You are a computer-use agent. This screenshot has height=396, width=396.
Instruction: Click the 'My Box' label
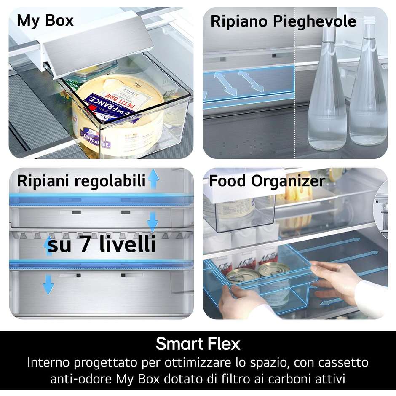tap(45, 20)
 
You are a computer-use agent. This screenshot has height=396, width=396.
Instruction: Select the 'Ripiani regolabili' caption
tap(81, 181)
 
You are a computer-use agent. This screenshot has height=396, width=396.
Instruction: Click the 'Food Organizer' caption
tap(267, 181)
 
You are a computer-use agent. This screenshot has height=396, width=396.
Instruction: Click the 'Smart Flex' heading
tap(198, 344)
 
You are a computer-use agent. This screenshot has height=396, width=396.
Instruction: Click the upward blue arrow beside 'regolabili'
tap(153, 179)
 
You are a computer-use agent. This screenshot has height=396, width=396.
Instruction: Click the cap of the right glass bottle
tap(369, 20)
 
